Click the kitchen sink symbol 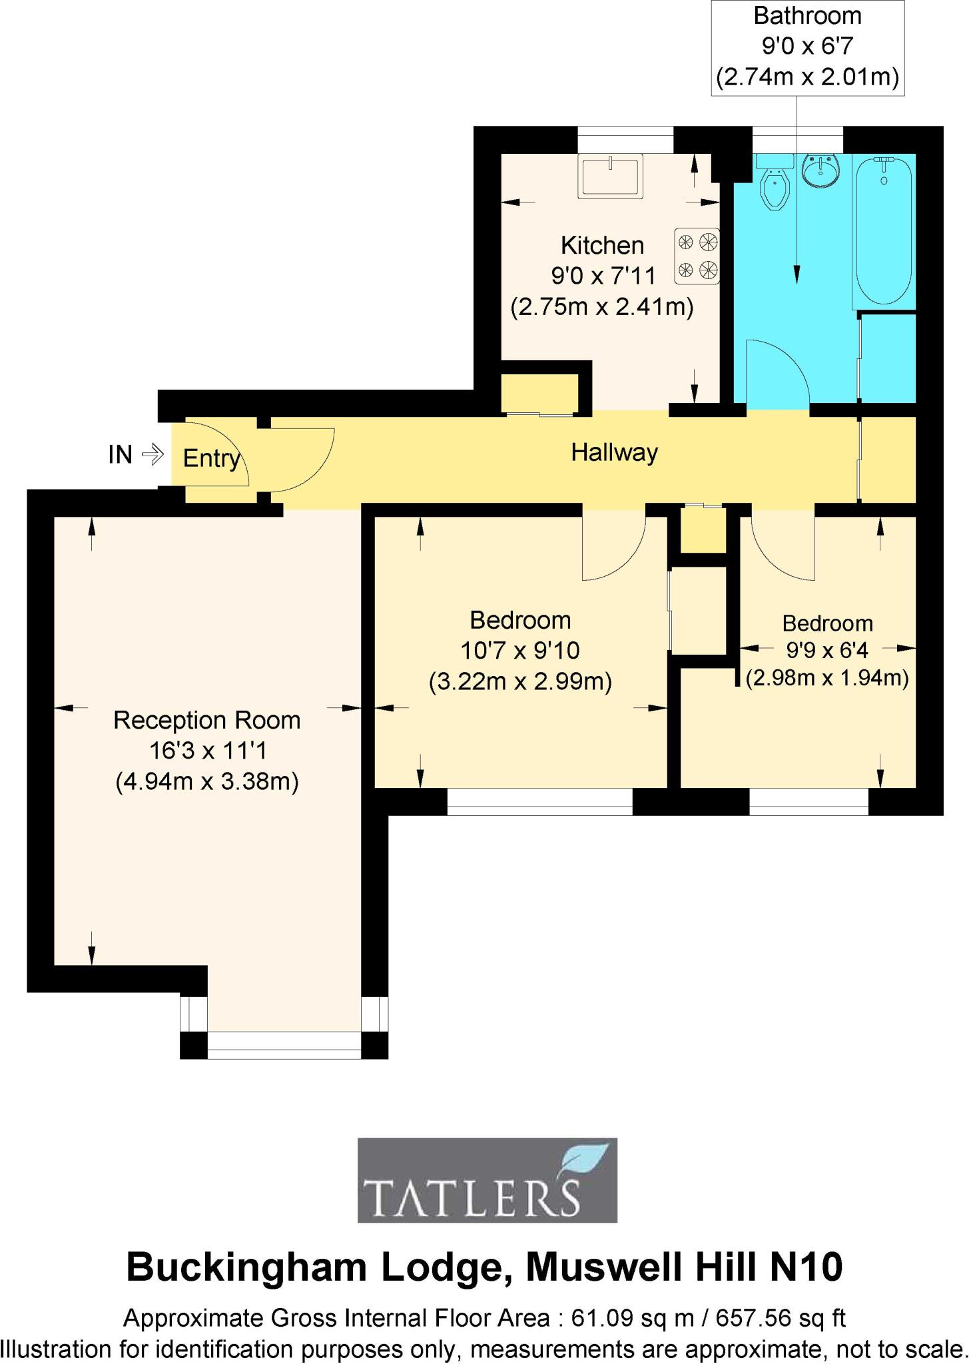coord(610,176)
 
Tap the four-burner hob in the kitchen coord(697,255)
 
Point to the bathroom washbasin coord(820,171)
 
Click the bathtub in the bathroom coord(883,230)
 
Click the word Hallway coord(614,453)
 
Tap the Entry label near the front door coord(211,458)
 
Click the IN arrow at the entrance coord(153,454)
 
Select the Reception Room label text coord(206,721)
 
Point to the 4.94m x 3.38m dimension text coord(206,781)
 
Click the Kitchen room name coord(602,246)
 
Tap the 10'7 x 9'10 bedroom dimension coord(519,651)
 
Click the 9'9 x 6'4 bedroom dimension coord(826,650)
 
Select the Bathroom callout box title coord(807,16)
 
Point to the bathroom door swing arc coord(776,373)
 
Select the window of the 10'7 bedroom coord(539,802)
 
